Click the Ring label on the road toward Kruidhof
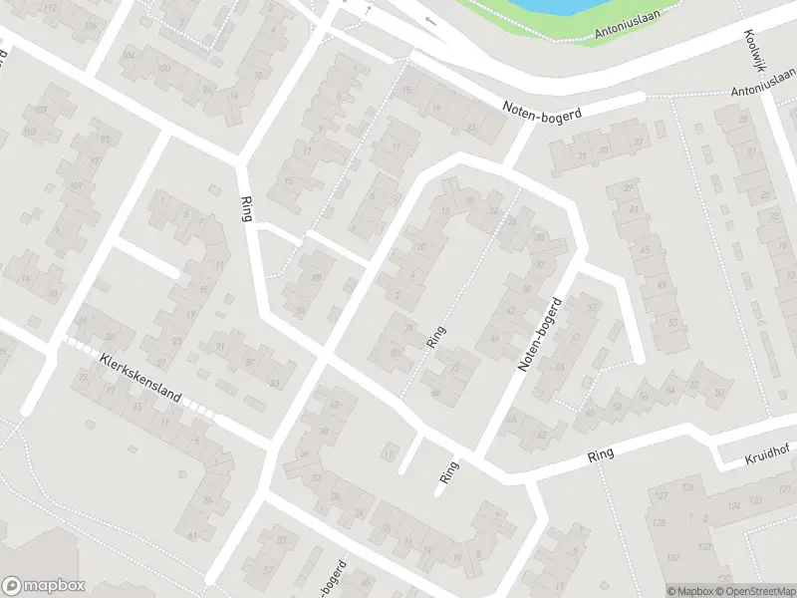(x=601, y=453)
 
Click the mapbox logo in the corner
(x=42, y=586)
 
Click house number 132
(x=673, y=556)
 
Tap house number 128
(x=659, y=522)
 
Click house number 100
(x=161, y=68)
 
